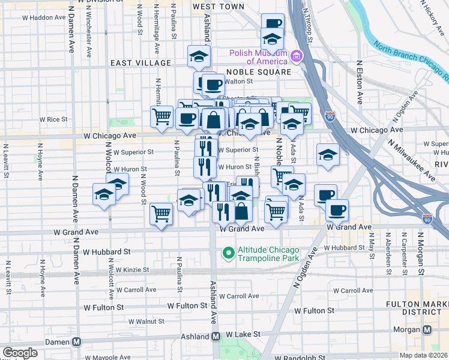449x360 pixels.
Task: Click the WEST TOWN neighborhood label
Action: tap(218, 7)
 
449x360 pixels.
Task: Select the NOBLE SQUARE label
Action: tap(258, 72)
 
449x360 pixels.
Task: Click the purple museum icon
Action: tap(296, 57)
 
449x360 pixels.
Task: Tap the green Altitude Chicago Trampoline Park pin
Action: tap(228, 253)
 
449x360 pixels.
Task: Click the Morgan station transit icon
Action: tap(427, 329)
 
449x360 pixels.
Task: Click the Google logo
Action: tap(20, 353)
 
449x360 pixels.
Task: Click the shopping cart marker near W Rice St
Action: tap(161, 116)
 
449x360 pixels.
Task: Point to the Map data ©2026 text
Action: tap(422, 355)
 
